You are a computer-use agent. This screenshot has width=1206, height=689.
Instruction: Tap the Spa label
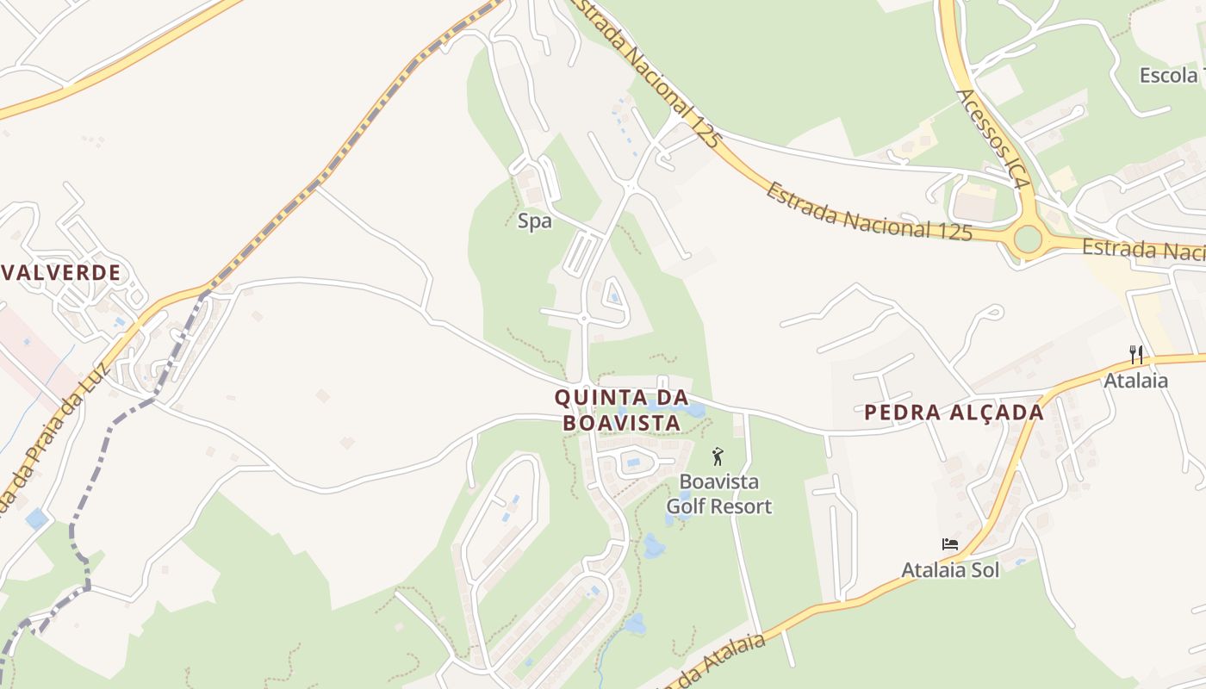tap(534, 221)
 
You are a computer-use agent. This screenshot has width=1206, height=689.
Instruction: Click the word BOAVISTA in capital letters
tap(621, 424)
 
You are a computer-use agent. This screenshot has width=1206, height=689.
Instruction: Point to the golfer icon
tap(718, 456)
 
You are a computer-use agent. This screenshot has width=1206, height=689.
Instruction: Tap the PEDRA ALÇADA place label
tap(954, 413)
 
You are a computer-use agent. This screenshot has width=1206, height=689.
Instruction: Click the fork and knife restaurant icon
tap(1136, 354)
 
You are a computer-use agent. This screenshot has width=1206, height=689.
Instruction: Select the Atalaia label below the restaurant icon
tap(1136, 380)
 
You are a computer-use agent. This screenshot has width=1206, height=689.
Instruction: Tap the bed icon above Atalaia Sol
tap(949, 544)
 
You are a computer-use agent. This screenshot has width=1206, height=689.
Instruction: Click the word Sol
tap(984, 569)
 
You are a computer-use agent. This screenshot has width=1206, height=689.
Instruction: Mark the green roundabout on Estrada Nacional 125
tap(1027, 239)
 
